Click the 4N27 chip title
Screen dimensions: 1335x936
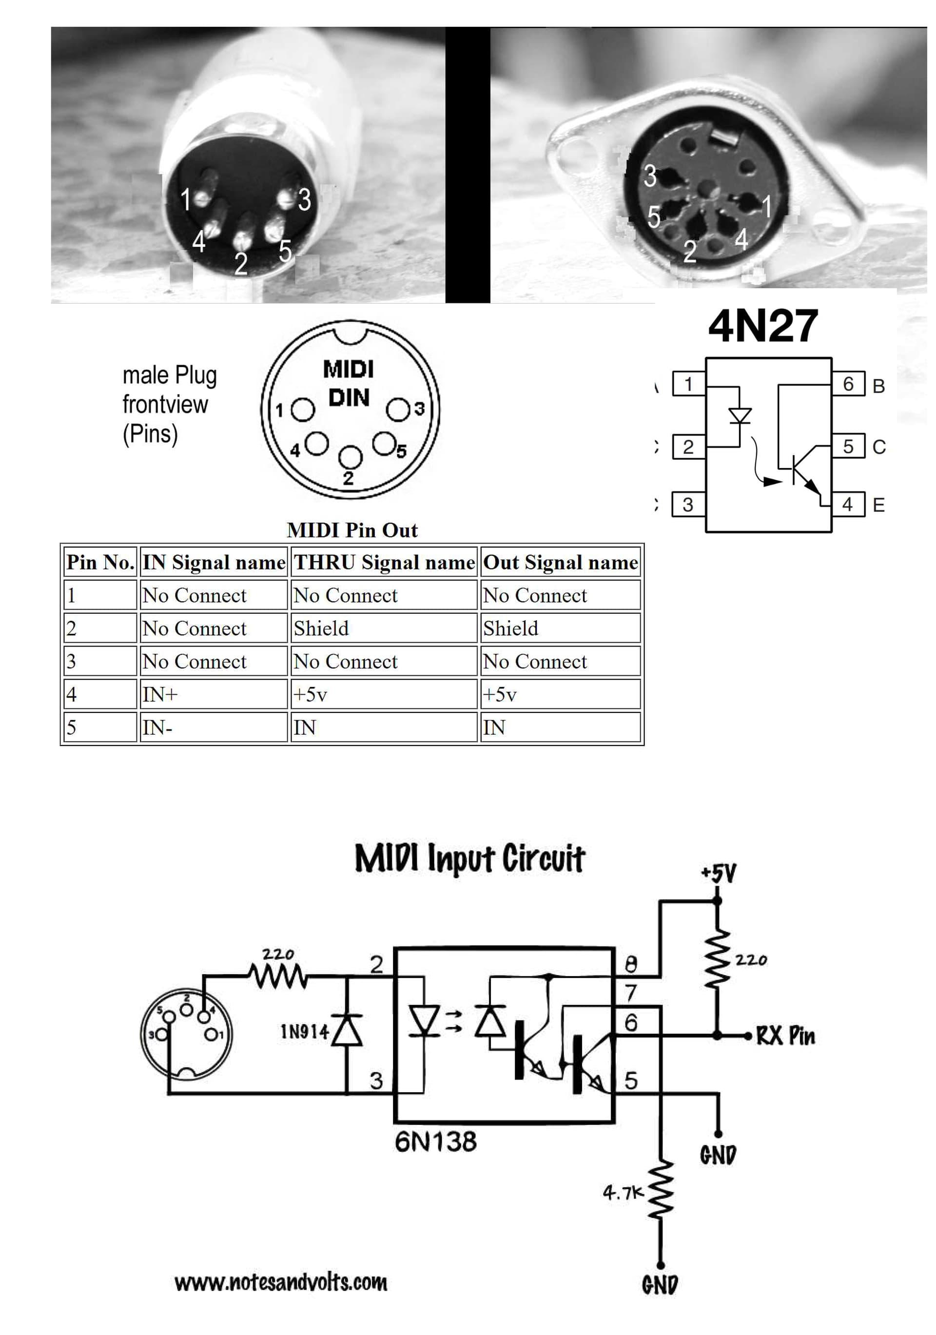pos(763,327)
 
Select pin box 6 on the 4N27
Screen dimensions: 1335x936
pos(848,384)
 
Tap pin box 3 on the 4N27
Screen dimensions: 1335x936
pos(688,504)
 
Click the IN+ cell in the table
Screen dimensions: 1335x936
pos(213,694)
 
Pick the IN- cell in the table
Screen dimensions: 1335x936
pos(213,727)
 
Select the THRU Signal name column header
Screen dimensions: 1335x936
pos(384,562)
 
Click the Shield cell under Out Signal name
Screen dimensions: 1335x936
pos(560,628)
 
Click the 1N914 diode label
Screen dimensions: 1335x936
pos(305,1032)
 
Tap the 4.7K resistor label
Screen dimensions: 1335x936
pos(623,1193)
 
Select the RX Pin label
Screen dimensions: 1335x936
pos(785,1036)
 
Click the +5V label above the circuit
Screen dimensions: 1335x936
pos(719,873)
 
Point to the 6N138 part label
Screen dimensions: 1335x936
pos(435,1141)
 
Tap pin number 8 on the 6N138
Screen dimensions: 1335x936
pos(631,964)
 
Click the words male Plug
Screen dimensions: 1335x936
pos(169,375)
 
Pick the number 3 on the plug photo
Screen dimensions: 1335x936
pos(305,199)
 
